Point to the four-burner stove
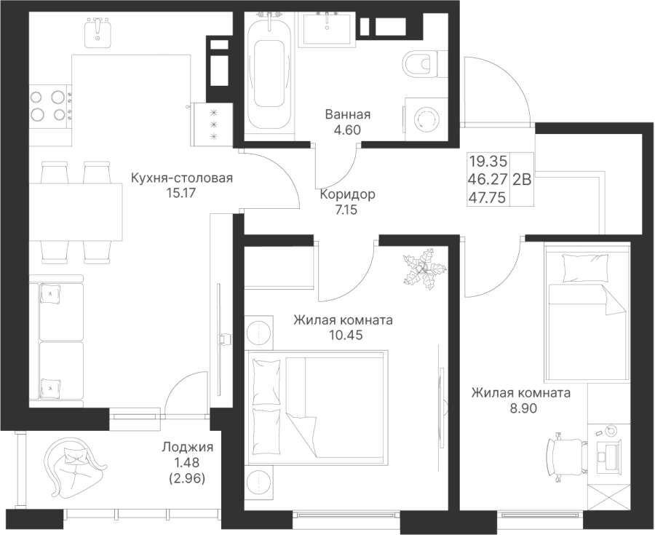[49, 104]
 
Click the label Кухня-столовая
[182, 178]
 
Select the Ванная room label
[348, 115]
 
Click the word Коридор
[347, 194]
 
